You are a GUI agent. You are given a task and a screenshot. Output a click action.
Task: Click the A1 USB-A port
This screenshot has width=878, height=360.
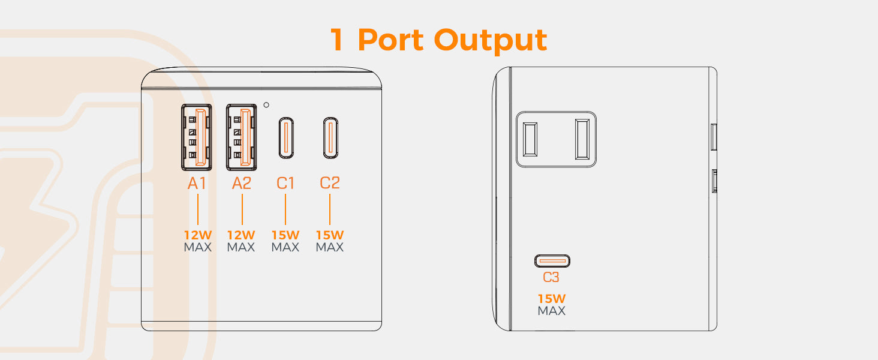(197, 137)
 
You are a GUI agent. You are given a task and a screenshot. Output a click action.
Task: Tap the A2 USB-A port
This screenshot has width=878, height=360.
(241, 137)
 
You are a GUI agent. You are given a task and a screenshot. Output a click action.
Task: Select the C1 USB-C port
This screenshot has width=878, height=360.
(285, 138)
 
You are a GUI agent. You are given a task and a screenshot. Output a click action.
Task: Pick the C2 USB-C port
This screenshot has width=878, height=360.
(330, 138)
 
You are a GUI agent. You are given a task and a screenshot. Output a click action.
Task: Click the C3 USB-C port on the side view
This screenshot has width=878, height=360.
(552, 261)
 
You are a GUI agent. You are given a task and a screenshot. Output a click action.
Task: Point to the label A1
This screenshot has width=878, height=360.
(197, 183)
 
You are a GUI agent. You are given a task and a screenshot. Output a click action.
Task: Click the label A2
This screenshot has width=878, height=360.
(241, 183)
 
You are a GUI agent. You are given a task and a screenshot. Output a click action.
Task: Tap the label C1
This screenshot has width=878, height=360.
(285, 183)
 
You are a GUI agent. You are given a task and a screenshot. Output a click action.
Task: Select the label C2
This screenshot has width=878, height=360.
(330, 183)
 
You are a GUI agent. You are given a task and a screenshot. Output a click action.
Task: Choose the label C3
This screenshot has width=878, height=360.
(551, 277)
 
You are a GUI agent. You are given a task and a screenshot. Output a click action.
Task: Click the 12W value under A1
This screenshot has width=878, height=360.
(197, 235)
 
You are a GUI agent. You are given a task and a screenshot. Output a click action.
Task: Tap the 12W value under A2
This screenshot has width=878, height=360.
(241, 235)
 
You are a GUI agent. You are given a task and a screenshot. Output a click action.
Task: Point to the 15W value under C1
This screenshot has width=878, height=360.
(285, 235)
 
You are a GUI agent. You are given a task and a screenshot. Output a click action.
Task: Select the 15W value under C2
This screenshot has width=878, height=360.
(330, 235)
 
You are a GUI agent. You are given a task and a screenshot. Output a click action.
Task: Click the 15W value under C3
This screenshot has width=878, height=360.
(552, 299)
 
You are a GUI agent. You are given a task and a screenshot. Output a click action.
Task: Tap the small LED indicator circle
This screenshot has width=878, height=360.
(266, 103)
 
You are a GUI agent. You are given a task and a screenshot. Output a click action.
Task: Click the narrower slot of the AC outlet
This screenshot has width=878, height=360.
(530, 139)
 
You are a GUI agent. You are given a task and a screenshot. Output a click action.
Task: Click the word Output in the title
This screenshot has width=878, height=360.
(491, 40)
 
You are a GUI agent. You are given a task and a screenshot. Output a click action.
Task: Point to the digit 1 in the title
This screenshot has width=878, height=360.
(338, 40)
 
